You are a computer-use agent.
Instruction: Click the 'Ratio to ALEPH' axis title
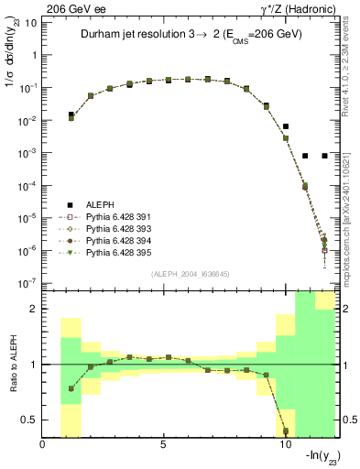click(x=11, y=364)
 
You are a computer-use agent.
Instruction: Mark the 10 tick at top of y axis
click(x=31, y=22)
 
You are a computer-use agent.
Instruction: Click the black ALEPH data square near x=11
click(x=305, y=156)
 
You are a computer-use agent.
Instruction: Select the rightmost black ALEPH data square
click(x=324, y=156)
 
